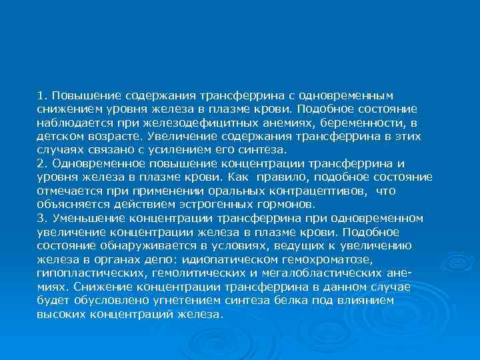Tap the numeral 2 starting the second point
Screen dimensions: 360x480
coord(41,163)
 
